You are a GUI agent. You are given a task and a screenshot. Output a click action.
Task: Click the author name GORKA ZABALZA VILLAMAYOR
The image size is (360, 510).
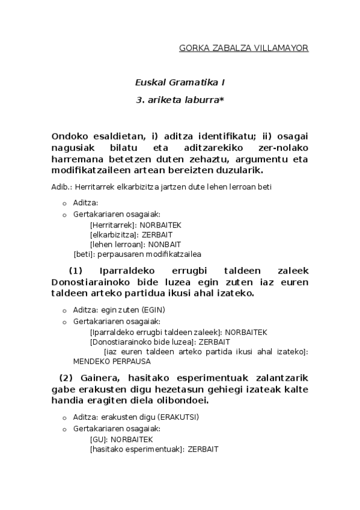point(243,48)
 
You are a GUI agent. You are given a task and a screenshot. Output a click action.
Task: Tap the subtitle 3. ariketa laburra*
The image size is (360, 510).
point(180,100)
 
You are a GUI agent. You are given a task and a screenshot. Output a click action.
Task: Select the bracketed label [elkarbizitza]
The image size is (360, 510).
point(111,235)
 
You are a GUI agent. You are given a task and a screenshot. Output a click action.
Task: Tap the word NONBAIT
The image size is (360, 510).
point(165,244)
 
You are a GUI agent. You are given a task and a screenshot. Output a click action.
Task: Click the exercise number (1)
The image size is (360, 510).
point(79,271)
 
